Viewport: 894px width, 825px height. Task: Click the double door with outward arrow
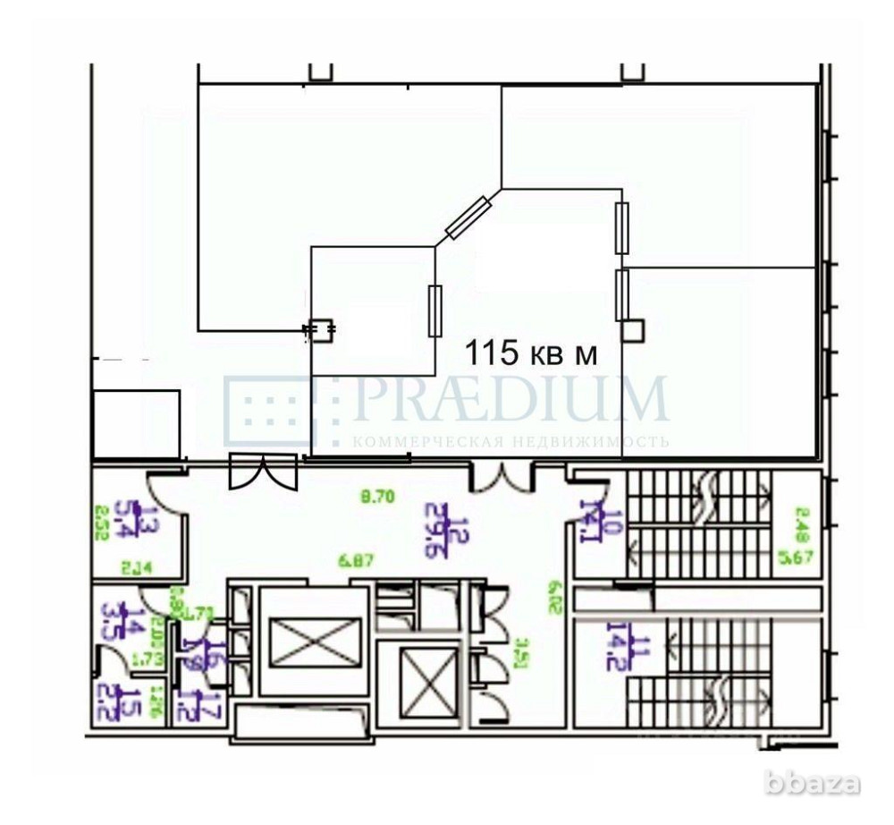pyautogui.click(x=262, y=472)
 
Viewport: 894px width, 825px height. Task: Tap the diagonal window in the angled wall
pyautogui.click(x=468, y=218)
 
